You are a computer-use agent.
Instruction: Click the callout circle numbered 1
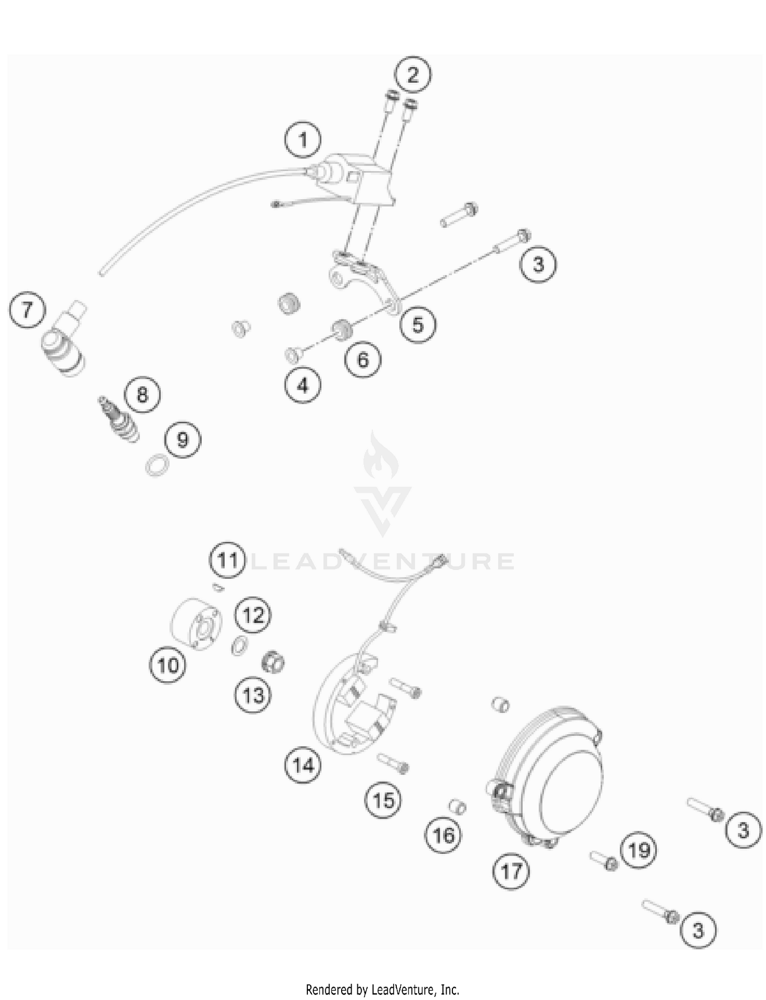coord(303,139)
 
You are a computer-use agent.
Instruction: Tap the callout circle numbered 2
coord(413,75)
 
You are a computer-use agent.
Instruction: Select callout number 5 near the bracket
coord(418,325)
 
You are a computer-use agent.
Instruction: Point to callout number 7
coord(27,309)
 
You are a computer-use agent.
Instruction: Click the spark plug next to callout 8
coord(118,418)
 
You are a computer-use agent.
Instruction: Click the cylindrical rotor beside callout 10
coord(196,624)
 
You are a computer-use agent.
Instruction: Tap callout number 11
coord(227,560)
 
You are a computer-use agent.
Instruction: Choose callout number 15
coord(384,800)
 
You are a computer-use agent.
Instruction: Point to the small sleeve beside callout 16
coord(458,807)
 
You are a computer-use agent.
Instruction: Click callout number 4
coord(303,385)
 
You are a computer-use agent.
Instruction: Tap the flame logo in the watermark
coord(381,456)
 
